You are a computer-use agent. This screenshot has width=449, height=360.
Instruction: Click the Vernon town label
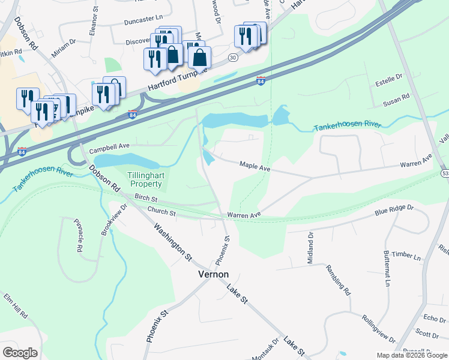pyautogui.click(x=213, y=274)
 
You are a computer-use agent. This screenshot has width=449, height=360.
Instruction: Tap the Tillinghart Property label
pyautogui.click(x=145, y=179)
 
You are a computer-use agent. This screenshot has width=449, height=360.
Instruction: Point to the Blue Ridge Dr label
pyautogui.click(x=394, y=210)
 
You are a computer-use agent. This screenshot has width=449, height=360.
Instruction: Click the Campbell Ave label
pyautogui.click(x=109, y=146)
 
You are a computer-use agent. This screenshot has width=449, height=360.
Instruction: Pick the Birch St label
pyautogui.click(x=146, y=197)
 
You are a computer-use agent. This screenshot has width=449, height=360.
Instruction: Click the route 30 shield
pyautogui.click(x=233, y=58)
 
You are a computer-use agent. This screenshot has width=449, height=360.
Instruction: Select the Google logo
pyautogui.click(x=20, y=353)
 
